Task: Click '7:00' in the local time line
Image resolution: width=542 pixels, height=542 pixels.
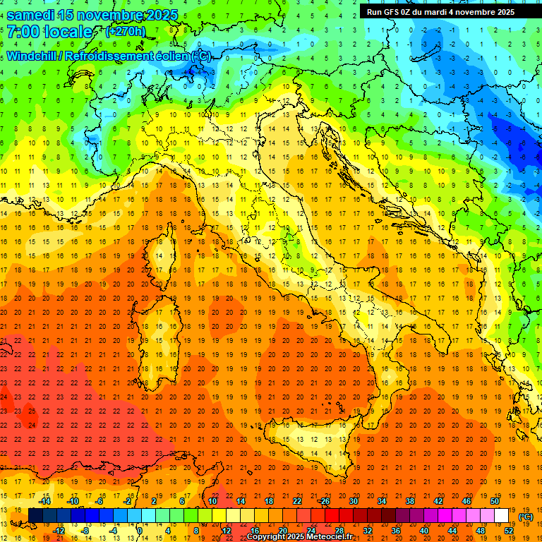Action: [22, 32]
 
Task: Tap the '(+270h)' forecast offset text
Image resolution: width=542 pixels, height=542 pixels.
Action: [126, 31]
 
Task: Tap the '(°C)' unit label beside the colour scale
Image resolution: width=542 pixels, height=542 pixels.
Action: [525, 517]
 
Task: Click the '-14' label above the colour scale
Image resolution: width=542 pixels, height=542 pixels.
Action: [46, 501]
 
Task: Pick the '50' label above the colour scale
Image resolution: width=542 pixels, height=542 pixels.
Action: [495, 501]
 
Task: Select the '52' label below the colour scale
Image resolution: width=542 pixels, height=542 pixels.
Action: [509, 531]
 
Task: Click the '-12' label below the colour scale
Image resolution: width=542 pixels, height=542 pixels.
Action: [59, 531]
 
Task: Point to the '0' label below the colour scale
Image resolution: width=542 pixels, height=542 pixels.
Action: [140, 531]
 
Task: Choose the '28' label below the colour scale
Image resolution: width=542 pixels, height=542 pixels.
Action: [339, 531]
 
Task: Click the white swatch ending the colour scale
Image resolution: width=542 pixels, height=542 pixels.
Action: [502, 515]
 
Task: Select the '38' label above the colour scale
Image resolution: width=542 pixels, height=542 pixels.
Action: [410, 501]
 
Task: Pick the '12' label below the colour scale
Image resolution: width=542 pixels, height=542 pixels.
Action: [226, 531]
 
